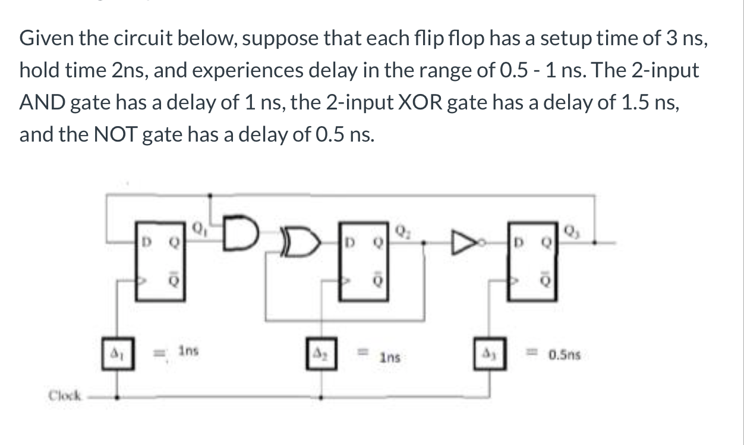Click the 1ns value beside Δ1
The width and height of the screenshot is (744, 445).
point(189,352)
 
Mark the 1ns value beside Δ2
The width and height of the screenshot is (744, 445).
point(390,358)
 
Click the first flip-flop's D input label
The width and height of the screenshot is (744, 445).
point(143,243)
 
